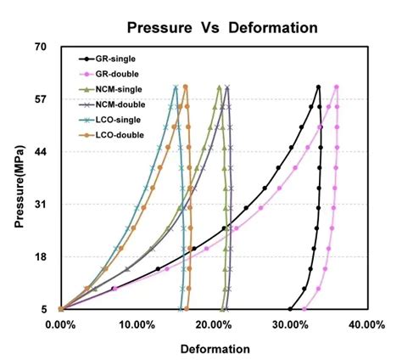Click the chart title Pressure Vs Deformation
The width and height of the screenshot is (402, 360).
[222, 27]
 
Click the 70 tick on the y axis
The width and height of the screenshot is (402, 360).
[40, 47]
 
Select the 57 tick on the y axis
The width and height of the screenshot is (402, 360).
[40, 99]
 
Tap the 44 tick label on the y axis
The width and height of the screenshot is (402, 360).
[40, 152]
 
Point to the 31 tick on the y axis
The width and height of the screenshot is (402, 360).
[40, 205]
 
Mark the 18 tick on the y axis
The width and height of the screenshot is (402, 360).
[40, 257]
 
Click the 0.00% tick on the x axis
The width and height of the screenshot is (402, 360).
[59, 324]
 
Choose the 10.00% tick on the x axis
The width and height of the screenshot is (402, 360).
[136, 324]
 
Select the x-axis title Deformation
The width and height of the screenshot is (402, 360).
[215, 348]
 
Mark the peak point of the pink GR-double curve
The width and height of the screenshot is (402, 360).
[337, 87]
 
